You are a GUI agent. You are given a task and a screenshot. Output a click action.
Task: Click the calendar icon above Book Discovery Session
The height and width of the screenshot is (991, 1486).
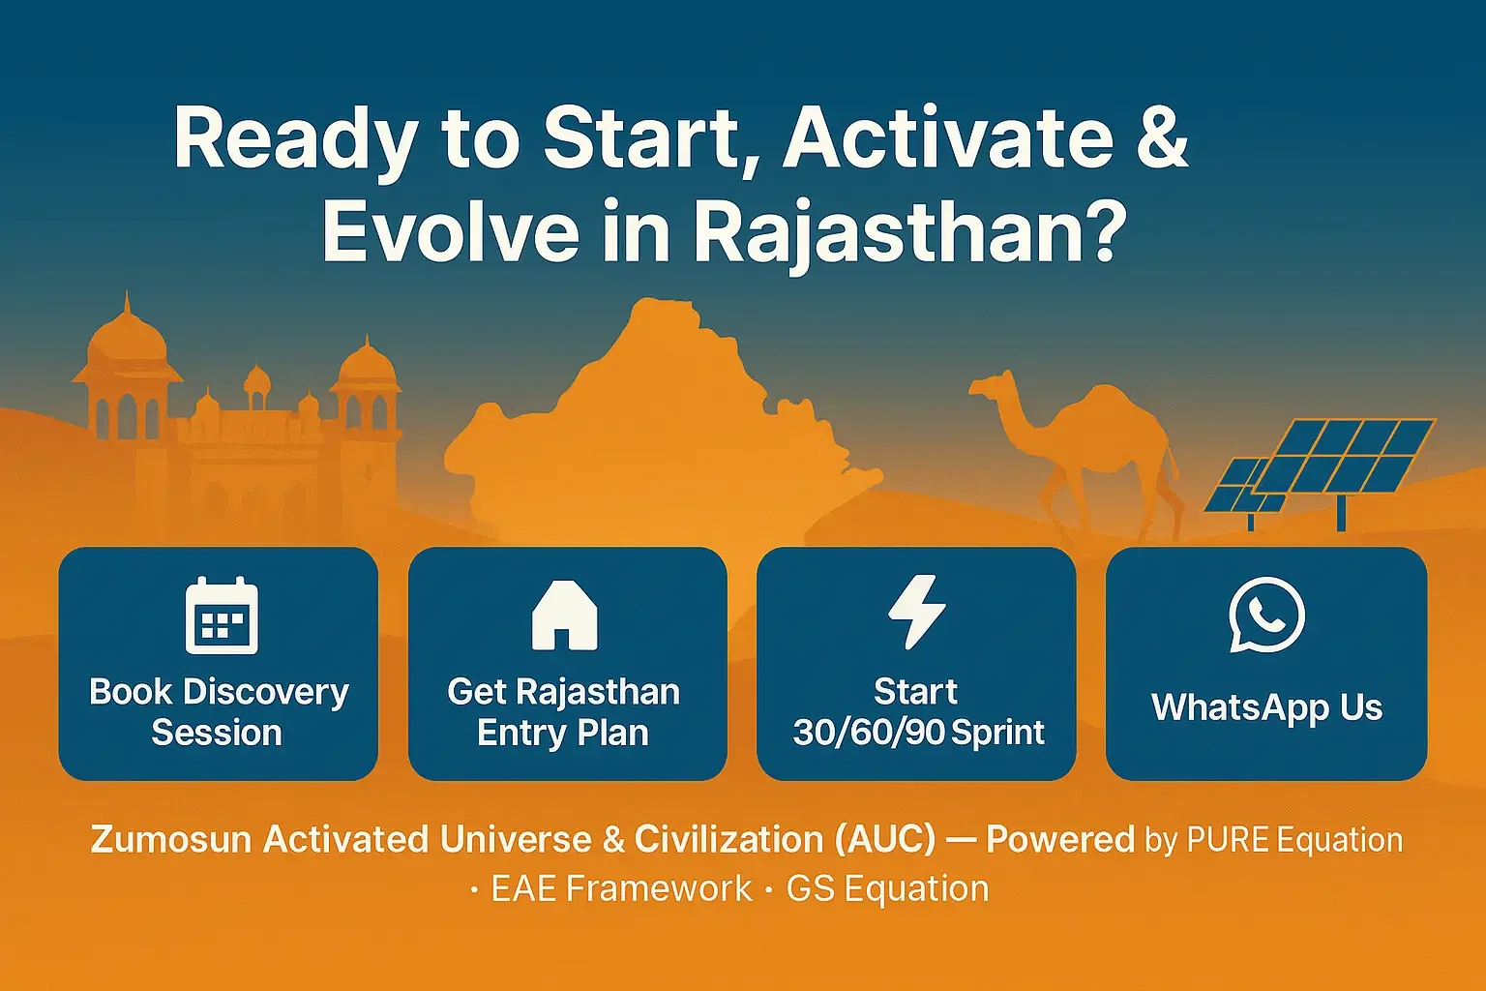(x=222, y=616)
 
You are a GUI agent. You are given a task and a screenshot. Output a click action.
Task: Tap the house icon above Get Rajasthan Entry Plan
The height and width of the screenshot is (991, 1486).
(x=565, y=616)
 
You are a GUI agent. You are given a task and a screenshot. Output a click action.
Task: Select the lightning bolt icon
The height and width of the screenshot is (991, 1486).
(x=917, y=612)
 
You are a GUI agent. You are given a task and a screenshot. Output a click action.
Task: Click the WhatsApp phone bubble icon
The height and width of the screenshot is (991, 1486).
(x=1265, y=615)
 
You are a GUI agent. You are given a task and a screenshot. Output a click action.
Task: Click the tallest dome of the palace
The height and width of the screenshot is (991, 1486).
(x=127, y=339)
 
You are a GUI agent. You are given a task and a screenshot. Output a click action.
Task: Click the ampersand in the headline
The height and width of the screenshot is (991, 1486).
(x=1162, y=140)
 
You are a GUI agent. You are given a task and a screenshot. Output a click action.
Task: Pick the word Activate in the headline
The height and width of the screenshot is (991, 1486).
(x=947, y=140)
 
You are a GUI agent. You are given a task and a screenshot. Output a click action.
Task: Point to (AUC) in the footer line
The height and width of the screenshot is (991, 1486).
(x=885, y=840)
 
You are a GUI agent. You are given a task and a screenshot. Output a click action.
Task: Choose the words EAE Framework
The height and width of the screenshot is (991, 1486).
(x=622, y=888)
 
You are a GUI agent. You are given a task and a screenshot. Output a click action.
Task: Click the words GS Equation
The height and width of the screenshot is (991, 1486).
(x=887, y=889)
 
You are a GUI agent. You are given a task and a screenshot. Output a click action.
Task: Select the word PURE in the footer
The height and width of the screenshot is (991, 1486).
(x=1228, y=840)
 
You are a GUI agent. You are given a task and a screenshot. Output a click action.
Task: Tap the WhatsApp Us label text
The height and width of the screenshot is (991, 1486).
(x=1267, y=707)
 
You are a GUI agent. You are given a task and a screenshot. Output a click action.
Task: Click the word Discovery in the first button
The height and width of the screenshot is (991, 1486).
(x=265, y=693)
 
